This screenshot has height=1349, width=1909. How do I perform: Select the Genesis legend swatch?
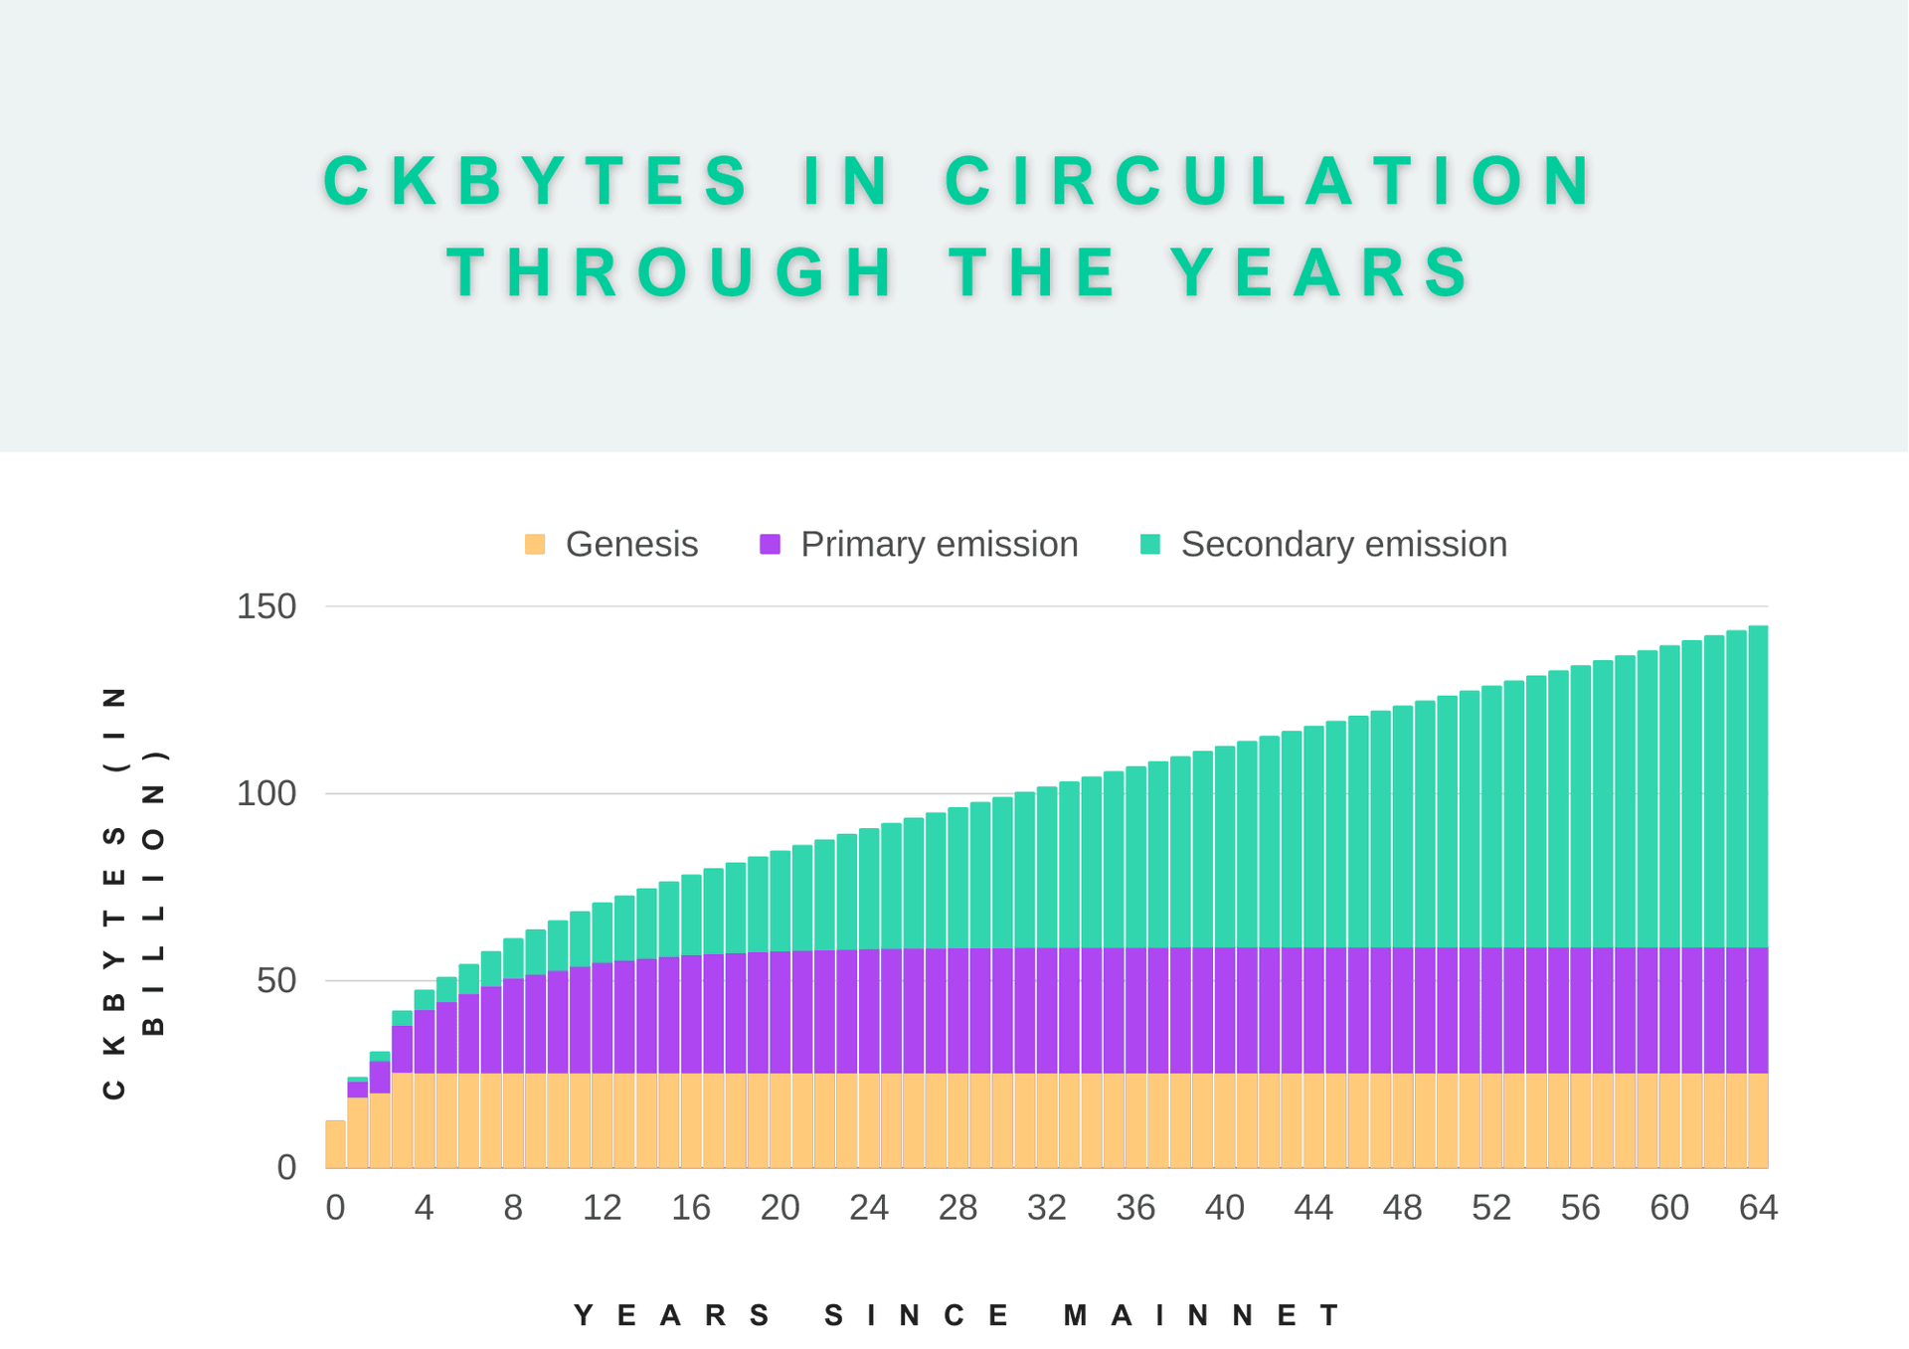tap(535, 545)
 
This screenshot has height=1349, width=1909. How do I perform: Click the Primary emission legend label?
tap(939, 545)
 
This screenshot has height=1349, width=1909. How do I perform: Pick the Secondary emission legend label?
tap(1343, 545)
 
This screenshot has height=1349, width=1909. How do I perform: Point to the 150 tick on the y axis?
tap(266, 606)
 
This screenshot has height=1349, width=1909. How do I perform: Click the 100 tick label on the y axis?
tap(266, 794)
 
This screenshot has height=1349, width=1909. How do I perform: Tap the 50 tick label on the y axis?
tap(276, 981)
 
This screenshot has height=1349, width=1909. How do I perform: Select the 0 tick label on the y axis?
tap(286, 1168)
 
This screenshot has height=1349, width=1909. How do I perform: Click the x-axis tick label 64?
tap(1758, 1208)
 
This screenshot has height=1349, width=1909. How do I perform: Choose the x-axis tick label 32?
tap(1047, 1208)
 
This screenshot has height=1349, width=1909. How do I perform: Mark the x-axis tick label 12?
tap(602, 1208)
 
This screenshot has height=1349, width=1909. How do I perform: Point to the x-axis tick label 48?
tap(1402, 1208)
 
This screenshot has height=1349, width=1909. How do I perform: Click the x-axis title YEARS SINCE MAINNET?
tap(958, 1316)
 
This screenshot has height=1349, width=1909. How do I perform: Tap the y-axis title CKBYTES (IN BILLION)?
tap(133, 892)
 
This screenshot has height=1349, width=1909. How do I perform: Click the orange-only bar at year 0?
tap(336, 1144)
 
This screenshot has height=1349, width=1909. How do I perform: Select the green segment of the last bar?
tap(1758, 785)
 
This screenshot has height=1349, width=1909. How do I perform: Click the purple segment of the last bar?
tap(1758, 1010)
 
